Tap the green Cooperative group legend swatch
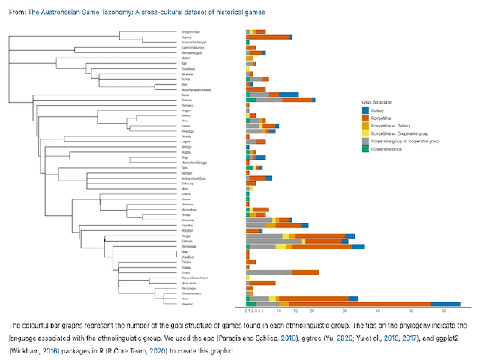click(x=365, y=148)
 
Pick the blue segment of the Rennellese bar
click(x=358, y=246)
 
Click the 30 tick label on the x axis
click(x=345, y=310)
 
